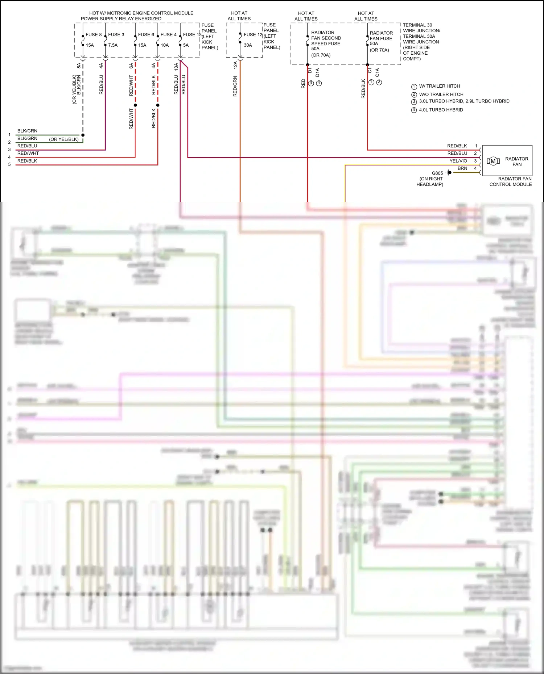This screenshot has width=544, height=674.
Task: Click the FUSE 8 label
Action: [x=94, y=35]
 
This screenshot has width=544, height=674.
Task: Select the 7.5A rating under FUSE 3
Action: [x=113, y=45]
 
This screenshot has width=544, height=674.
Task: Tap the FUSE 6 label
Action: [x=146, y=35]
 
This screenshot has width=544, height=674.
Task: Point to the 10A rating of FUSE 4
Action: [x=165, y=45]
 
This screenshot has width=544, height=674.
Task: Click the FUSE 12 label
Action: [x=253, y=35]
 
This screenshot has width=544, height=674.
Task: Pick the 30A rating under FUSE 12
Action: [x=248, y=45]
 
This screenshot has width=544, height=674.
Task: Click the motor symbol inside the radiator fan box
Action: [x=493, y=161]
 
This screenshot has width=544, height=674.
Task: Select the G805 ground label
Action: [x=437, y=173]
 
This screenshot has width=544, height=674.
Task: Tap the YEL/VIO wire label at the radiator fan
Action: [x=458, y=161]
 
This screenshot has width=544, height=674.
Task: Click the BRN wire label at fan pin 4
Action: [x=462, y=168]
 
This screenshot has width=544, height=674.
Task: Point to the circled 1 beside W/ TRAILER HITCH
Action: [x=414, y=87]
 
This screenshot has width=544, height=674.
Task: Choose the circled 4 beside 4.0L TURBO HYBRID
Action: [x=414, y=110]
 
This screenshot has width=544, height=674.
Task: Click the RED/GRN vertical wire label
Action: [x=235, y=86]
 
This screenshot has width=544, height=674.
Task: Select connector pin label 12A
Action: [x=235, y=65]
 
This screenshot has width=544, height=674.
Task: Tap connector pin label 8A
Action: [x=79, y=66]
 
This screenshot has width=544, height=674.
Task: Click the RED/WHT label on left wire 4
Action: [x=28, y=153]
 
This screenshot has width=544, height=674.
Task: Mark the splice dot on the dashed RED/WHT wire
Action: [x=135, y=105]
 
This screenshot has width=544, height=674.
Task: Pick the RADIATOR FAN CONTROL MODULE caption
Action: [x=511, y=181]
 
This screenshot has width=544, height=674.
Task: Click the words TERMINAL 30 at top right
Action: [x=417, y=25]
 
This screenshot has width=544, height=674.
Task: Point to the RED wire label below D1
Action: [x=303, y=84]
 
